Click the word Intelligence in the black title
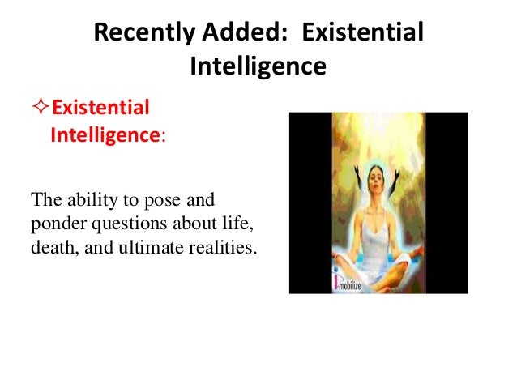click(258, 65)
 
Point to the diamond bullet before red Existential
click(45, 109)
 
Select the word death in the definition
click(49, 246)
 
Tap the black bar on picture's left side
click(310, 203)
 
